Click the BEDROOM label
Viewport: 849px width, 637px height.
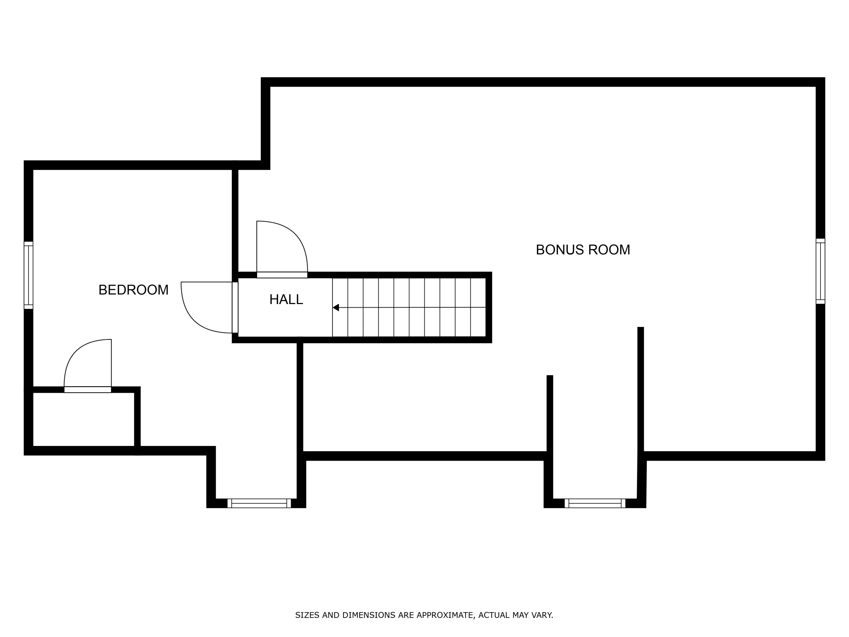133,290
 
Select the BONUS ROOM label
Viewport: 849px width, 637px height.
583,250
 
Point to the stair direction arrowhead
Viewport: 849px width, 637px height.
336,307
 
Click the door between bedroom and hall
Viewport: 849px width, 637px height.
235,307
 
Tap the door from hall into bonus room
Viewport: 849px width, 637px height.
282,275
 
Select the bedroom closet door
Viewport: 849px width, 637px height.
87,389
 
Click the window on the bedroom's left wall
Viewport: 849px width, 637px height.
28,275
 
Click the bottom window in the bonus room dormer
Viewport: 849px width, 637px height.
595,503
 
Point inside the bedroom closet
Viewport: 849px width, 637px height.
84,419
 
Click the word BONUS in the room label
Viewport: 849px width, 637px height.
560,250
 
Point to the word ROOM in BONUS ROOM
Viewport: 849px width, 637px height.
609,250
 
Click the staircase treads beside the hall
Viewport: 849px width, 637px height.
409,307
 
